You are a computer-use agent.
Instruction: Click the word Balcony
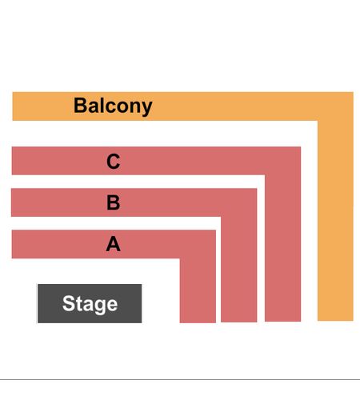[x=113, y=106]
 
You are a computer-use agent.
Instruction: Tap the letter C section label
[x=114, y=162]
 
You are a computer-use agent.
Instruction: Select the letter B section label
[x=114, y=202]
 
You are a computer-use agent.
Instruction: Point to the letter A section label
[x=114, y=244]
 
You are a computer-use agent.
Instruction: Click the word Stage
[x=90, y=304]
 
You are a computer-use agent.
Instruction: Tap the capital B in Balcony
[x=80, y=105]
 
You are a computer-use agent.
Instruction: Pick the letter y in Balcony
[x=146, y=109]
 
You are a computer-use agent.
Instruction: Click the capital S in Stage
[x=68, y=302]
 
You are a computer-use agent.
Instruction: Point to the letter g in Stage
[x=99, y=307]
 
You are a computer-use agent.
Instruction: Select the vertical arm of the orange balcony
[x=335, y=221]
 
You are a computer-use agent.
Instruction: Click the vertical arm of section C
[x=283, y=248]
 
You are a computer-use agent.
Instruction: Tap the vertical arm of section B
[x=239, y=270]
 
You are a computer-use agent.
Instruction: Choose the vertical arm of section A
[x=198, y=290]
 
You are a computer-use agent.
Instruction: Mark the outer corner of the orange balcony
[x=354, y=92]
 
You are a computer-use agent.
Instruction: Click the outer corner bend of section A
[x=216, y=230]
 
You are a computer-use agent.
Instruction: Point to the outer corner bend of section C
[x=301, y=146]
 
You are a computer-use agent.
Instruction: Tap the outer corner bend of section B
[x=257, y=189]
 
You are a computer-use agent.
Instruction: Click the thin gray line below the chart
[x=180, y=379]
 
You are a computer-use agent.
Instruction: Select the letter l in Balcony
[x=99, y=105]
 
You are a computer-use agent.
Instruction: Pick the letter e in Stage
[x=112, y=305]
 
